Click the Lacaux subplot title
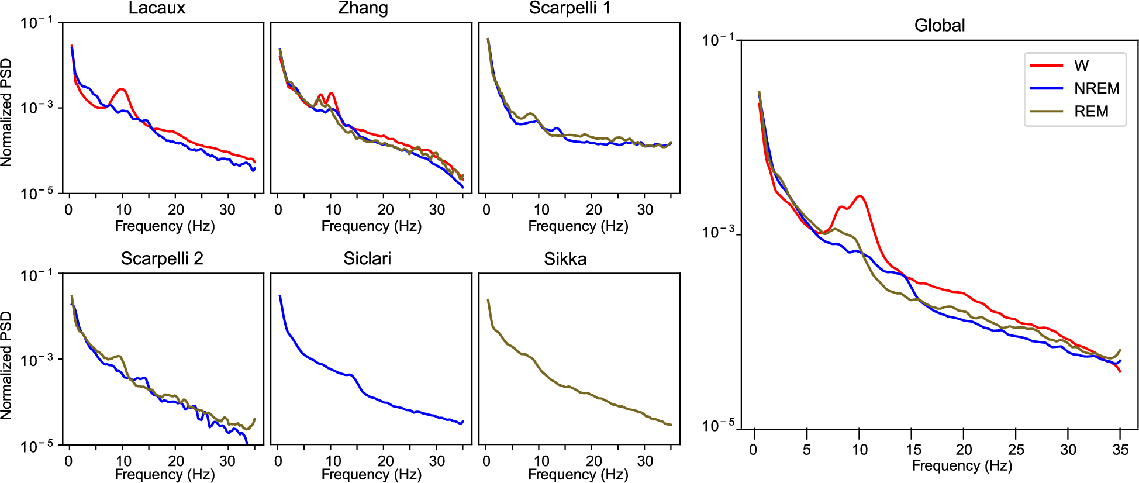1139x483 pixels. pyautogui.click(x=157, y=8)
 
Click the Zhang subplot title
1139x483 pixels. pyautogui.click(x=363, y=8)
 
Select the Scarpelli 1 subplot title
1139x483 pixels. pyautogui.click(x=569, y=8)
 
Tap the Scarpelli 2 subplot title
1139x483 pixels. pyautogui.click(x=162, y=258)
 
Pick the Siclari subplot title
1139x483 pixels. pyautogui.click(x=367, y=258)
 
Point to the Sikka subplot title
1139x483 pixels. pyautogui.click(x=565, y=258)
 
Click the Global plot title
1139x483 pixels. pyautogui.click(x=939, y=25)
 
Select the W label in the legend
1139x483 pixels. pyautogui.click(x=1081, y=65)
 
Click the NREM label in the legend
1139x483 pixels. pyautogui.click(x=1096, y=88)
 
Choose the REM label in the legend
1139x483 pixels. pyautogui.click(x=1091, y=111)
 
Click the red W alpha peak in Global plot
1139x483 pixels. pyautogui.click(x=860, y=196)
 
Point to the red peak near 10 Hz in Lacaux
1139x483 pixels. pyautogui.click(x=122, y=89)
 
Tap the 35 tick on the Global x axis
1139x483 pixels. pyautogui.click(x=1120, y=450)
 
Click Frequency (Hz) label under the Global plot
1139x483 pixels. pyautogui.click(x=962, y=465)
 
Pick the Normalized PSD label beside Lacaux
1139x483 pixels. pyautogui.click(x=6, y=112)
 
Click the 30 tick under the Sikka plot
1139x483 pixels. pyautogui.click(x=645, y=461)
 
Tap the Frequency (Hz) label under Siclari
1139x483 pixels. pyautogui.click(x=371, y=474)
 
